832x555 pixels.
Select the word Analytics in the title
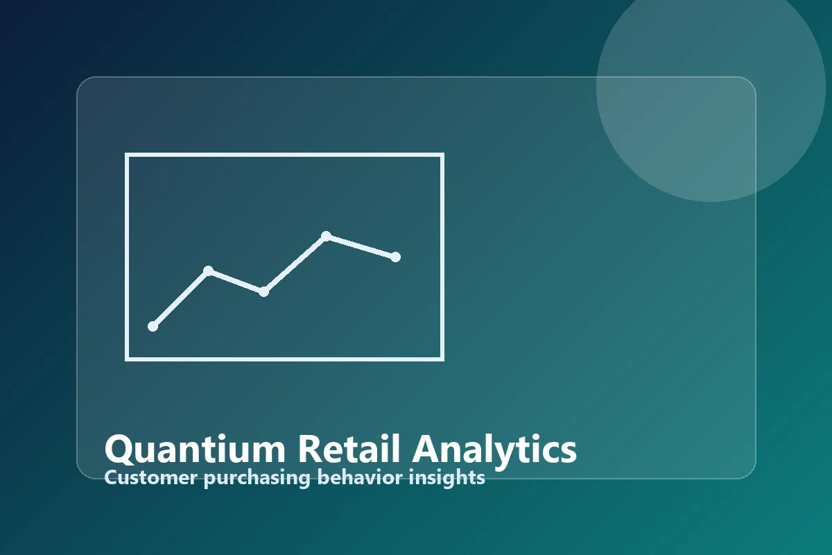pos(494,450)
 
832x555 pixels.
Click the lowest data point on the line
pos(153,326)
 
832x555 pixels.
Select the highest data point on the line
pos(326,236)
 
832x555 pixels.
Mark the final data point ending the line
pos(395,257)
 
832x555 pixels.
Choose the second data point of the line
pos(208,271)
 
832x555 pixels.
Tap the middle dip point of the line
pos(263,291)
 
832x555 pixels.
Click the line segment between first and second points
pos(180,298)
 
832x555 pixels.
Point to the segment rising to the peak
pos(295,264)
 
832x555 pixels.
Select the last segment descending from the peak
pos(361,246)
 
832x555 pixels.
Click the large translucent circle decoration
pos(711,87)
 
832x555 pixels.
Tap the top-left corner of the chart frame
pos(127,155)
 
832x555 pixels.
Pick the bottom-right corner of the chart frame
pos(442,359)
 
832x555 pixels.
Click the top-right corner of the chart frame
pos(442,155)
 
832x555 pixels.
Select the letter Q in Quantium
pos(119,450)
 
